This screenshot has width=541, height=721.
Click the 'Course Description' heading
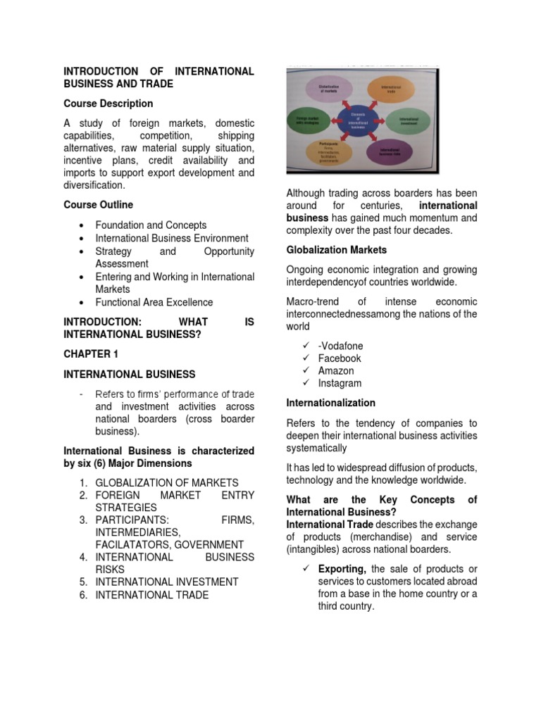pyautogui.click(x=108, y=104)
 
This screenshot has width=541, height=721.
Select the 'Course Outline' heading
pyautogui.click(x=98, y=205)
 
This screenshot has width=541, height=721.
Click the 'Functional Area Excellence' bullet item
pyautogui.click(x=154, y=302)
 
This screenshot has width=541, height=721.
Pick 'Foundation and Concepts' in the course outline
pyautogui.click(x=151, y=225)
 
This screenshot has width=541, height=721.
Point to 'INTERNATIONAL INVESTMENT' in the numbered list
pyautogui.click(x=166, y=582)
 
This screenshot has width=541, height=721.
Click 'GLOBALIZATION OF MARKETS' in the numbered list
pyautogui.click(x=166, y=483)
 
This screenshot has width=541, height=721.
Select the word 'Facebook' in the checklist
pyautogui.click(x=340, y=358)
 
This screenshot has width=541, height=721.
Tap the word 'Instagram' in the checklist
pyautogui.click(x=340, y=384)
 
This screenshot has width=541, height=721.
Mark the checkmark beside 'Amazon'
pyautogui.click(x=306, y=371)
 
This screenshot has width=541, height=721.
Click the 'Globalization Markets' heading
pyautogui.click(x=336, y=250)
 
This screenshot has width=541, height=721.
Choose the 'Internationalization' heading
pyautogui.click(x=330, y=403)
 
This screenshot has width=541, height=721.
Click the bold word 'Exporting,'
pyautogui.click(x=342, y=569)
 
